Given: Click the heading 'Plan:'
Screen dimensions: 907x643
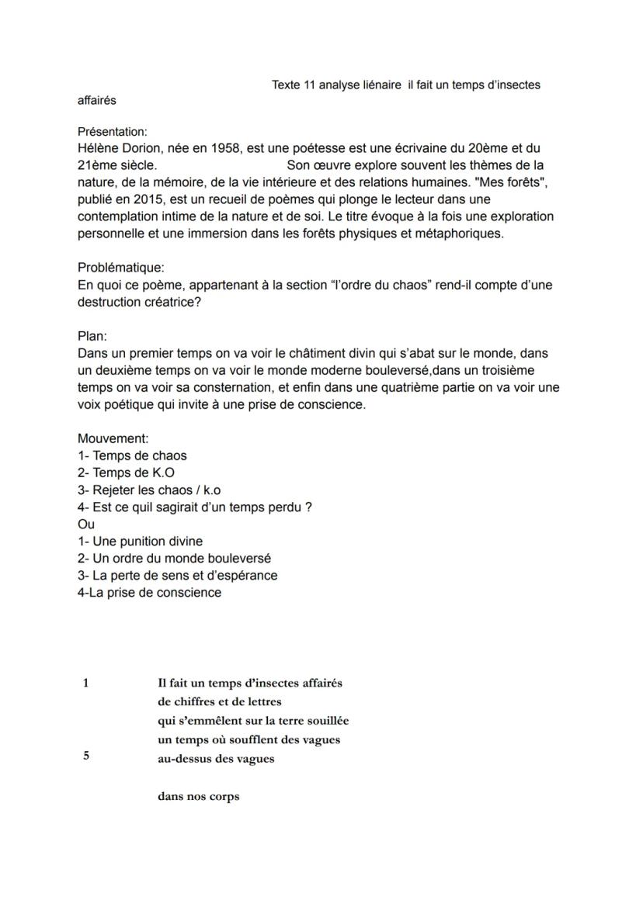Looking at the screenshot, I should point(92,336).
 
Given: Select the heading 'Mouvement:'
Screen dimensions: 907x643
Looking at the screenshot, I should point(113,438).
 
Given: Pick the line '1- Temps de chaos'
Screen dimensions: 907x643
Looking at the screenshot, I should point(132,455).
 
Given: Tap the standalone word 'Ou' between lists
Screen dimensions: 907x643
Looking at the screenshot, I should point(85,524).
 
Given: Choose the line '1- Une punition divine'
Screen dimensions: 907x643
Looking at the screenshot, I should point(140,541).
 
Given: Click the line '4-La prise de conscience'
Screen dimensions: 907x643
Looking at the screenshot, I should point(149,593).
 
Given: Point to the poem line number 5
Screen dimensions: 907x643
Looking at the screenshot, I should point(85,756).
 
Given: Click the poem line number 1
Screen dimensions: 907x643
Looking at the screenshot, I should point(85,683).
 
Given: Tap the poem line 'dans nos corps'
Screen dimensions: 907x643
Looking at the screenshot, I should point(198,796).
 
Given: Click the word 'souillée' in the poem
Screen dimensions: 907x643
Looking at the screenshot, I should point(326,721).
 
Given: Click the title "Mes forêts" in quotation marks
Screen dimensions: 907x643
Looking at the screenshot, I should point(528,182).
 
